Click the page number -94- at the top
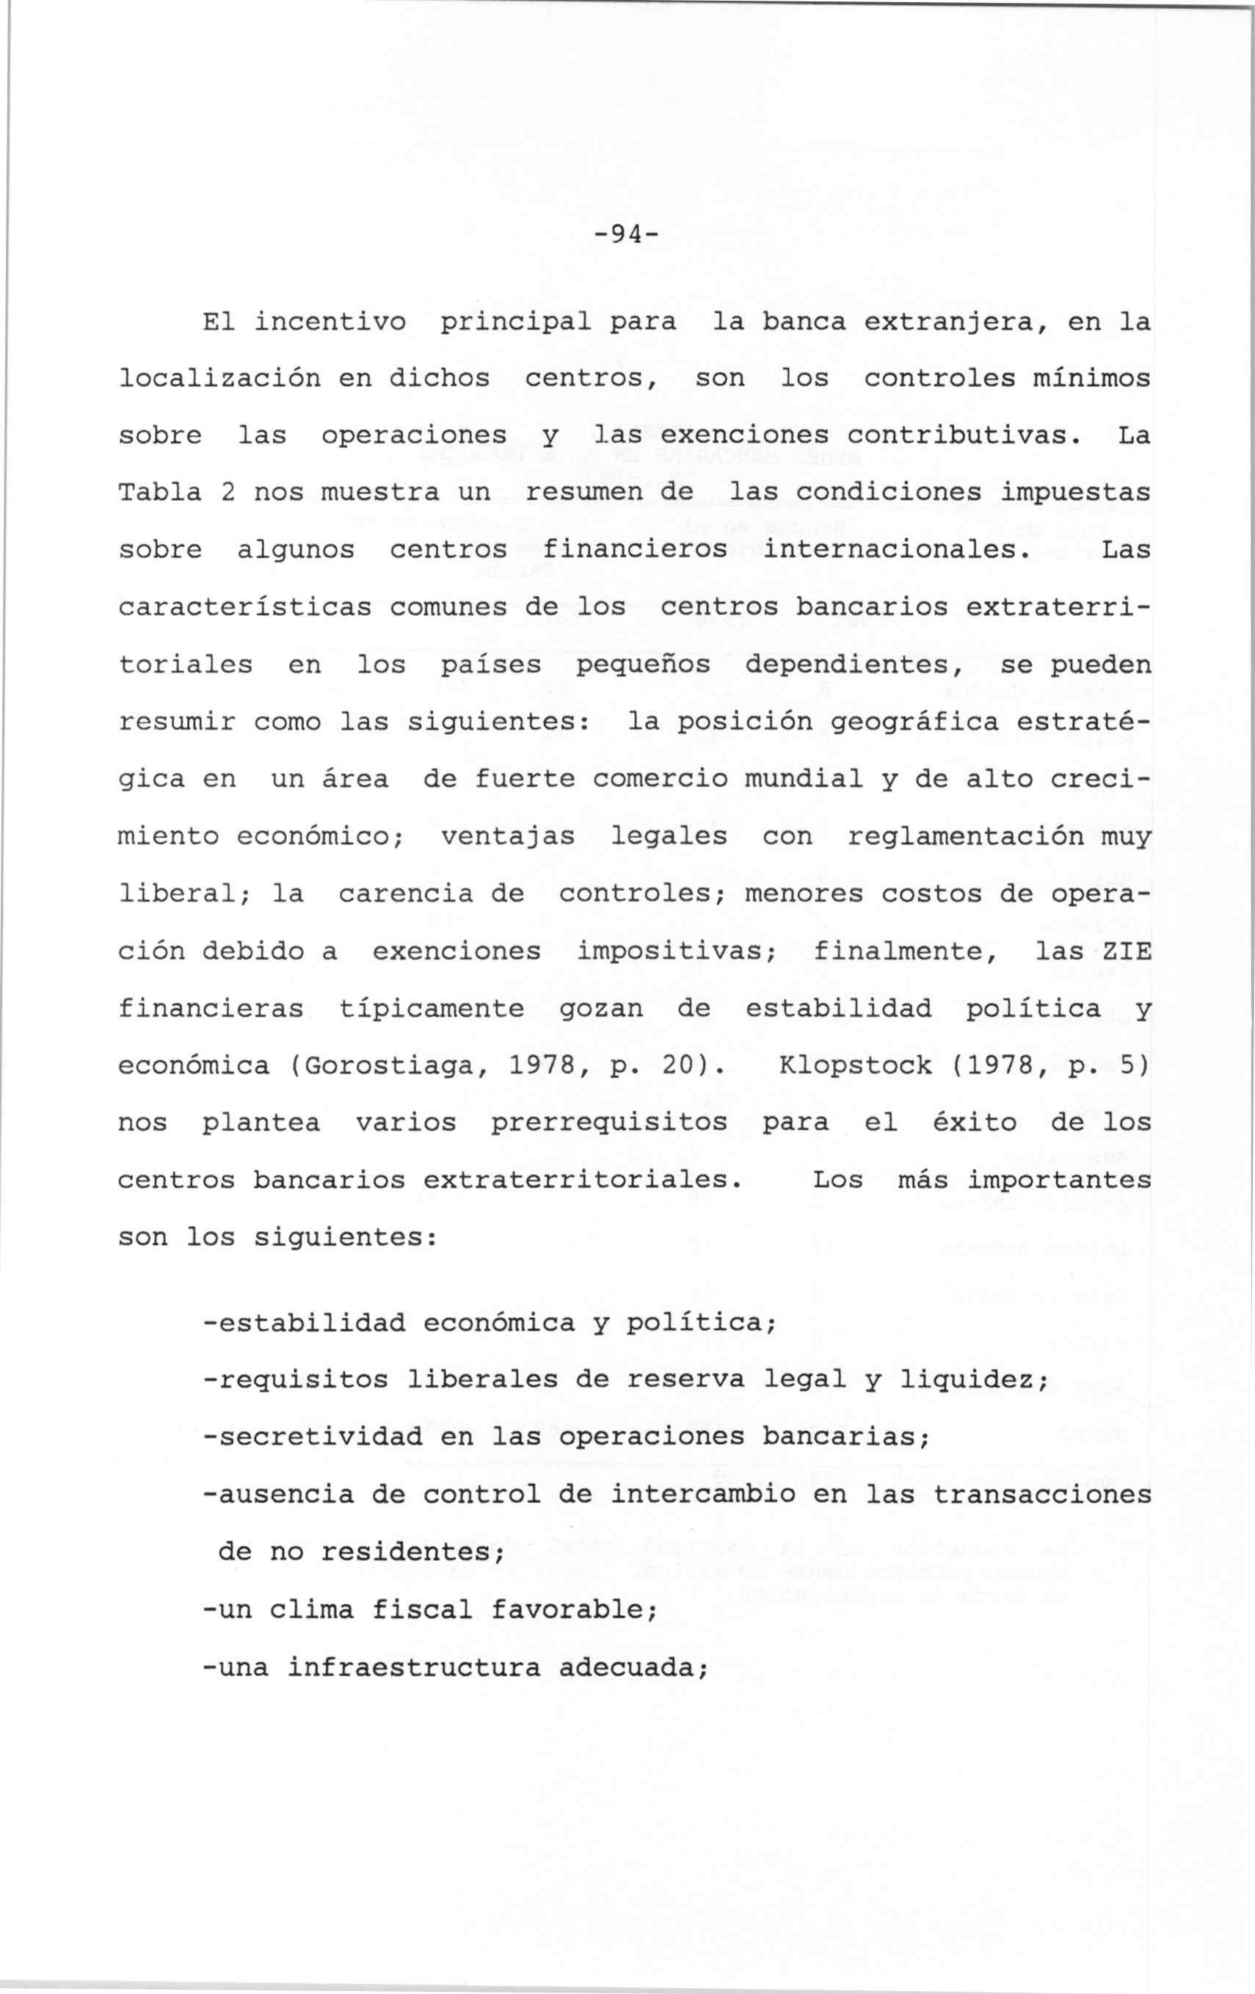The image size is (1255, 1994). coord(627,236)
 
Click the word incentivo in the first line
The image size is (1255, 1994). coord(330,322)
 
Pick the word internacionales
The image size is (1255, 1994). coord(897,550)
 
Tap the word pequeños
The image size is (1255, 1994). coord(643,665)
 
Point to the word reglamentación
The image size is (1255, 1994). coord(965,836)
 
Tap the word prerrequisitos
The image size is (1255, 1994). coord(611,1123)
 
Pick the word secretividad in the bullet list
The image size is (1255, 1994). coord(321,1437)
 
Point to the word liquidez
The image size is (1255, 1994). coord(972,1380)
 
